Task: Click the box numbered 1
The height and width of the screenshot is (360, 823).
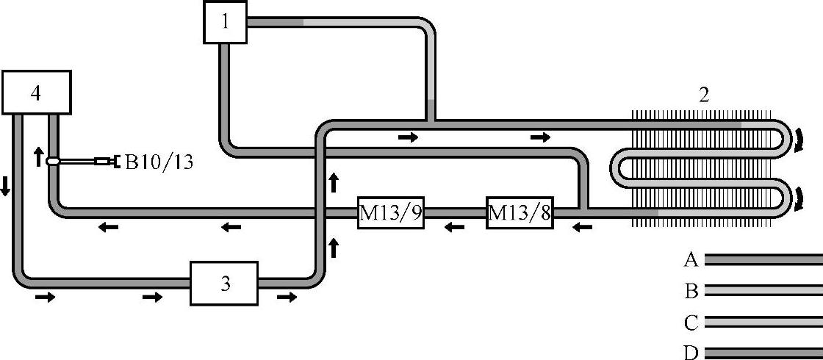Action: point(225,22)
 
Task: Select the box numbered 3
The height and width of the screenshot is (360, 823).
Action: point(224,283)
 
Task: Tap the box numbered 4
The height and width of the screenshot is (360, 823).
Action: point(36,93)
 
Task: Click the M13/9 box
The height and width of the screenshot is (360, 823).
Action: point(390,213)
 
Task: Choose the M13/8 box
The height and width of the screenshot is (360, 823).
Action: point(520,213)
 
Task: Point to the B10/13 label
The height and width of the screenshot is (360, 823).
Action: point(159,162)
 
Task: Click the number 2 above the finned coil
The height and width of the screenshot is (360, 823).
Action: point(703,95)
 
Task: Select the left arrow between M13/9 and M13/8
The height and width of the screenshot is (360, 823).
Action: point(455,227)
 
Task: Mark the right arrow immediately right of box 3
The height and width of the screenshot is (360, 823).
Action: point(287,297)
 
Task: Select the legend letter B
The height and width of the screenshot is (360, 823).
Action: point(690,292)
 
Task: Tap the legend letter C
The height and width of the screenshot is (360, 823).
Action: point(690,323)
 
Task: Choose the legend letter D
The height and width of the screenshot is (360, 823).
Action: point(690,353)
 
